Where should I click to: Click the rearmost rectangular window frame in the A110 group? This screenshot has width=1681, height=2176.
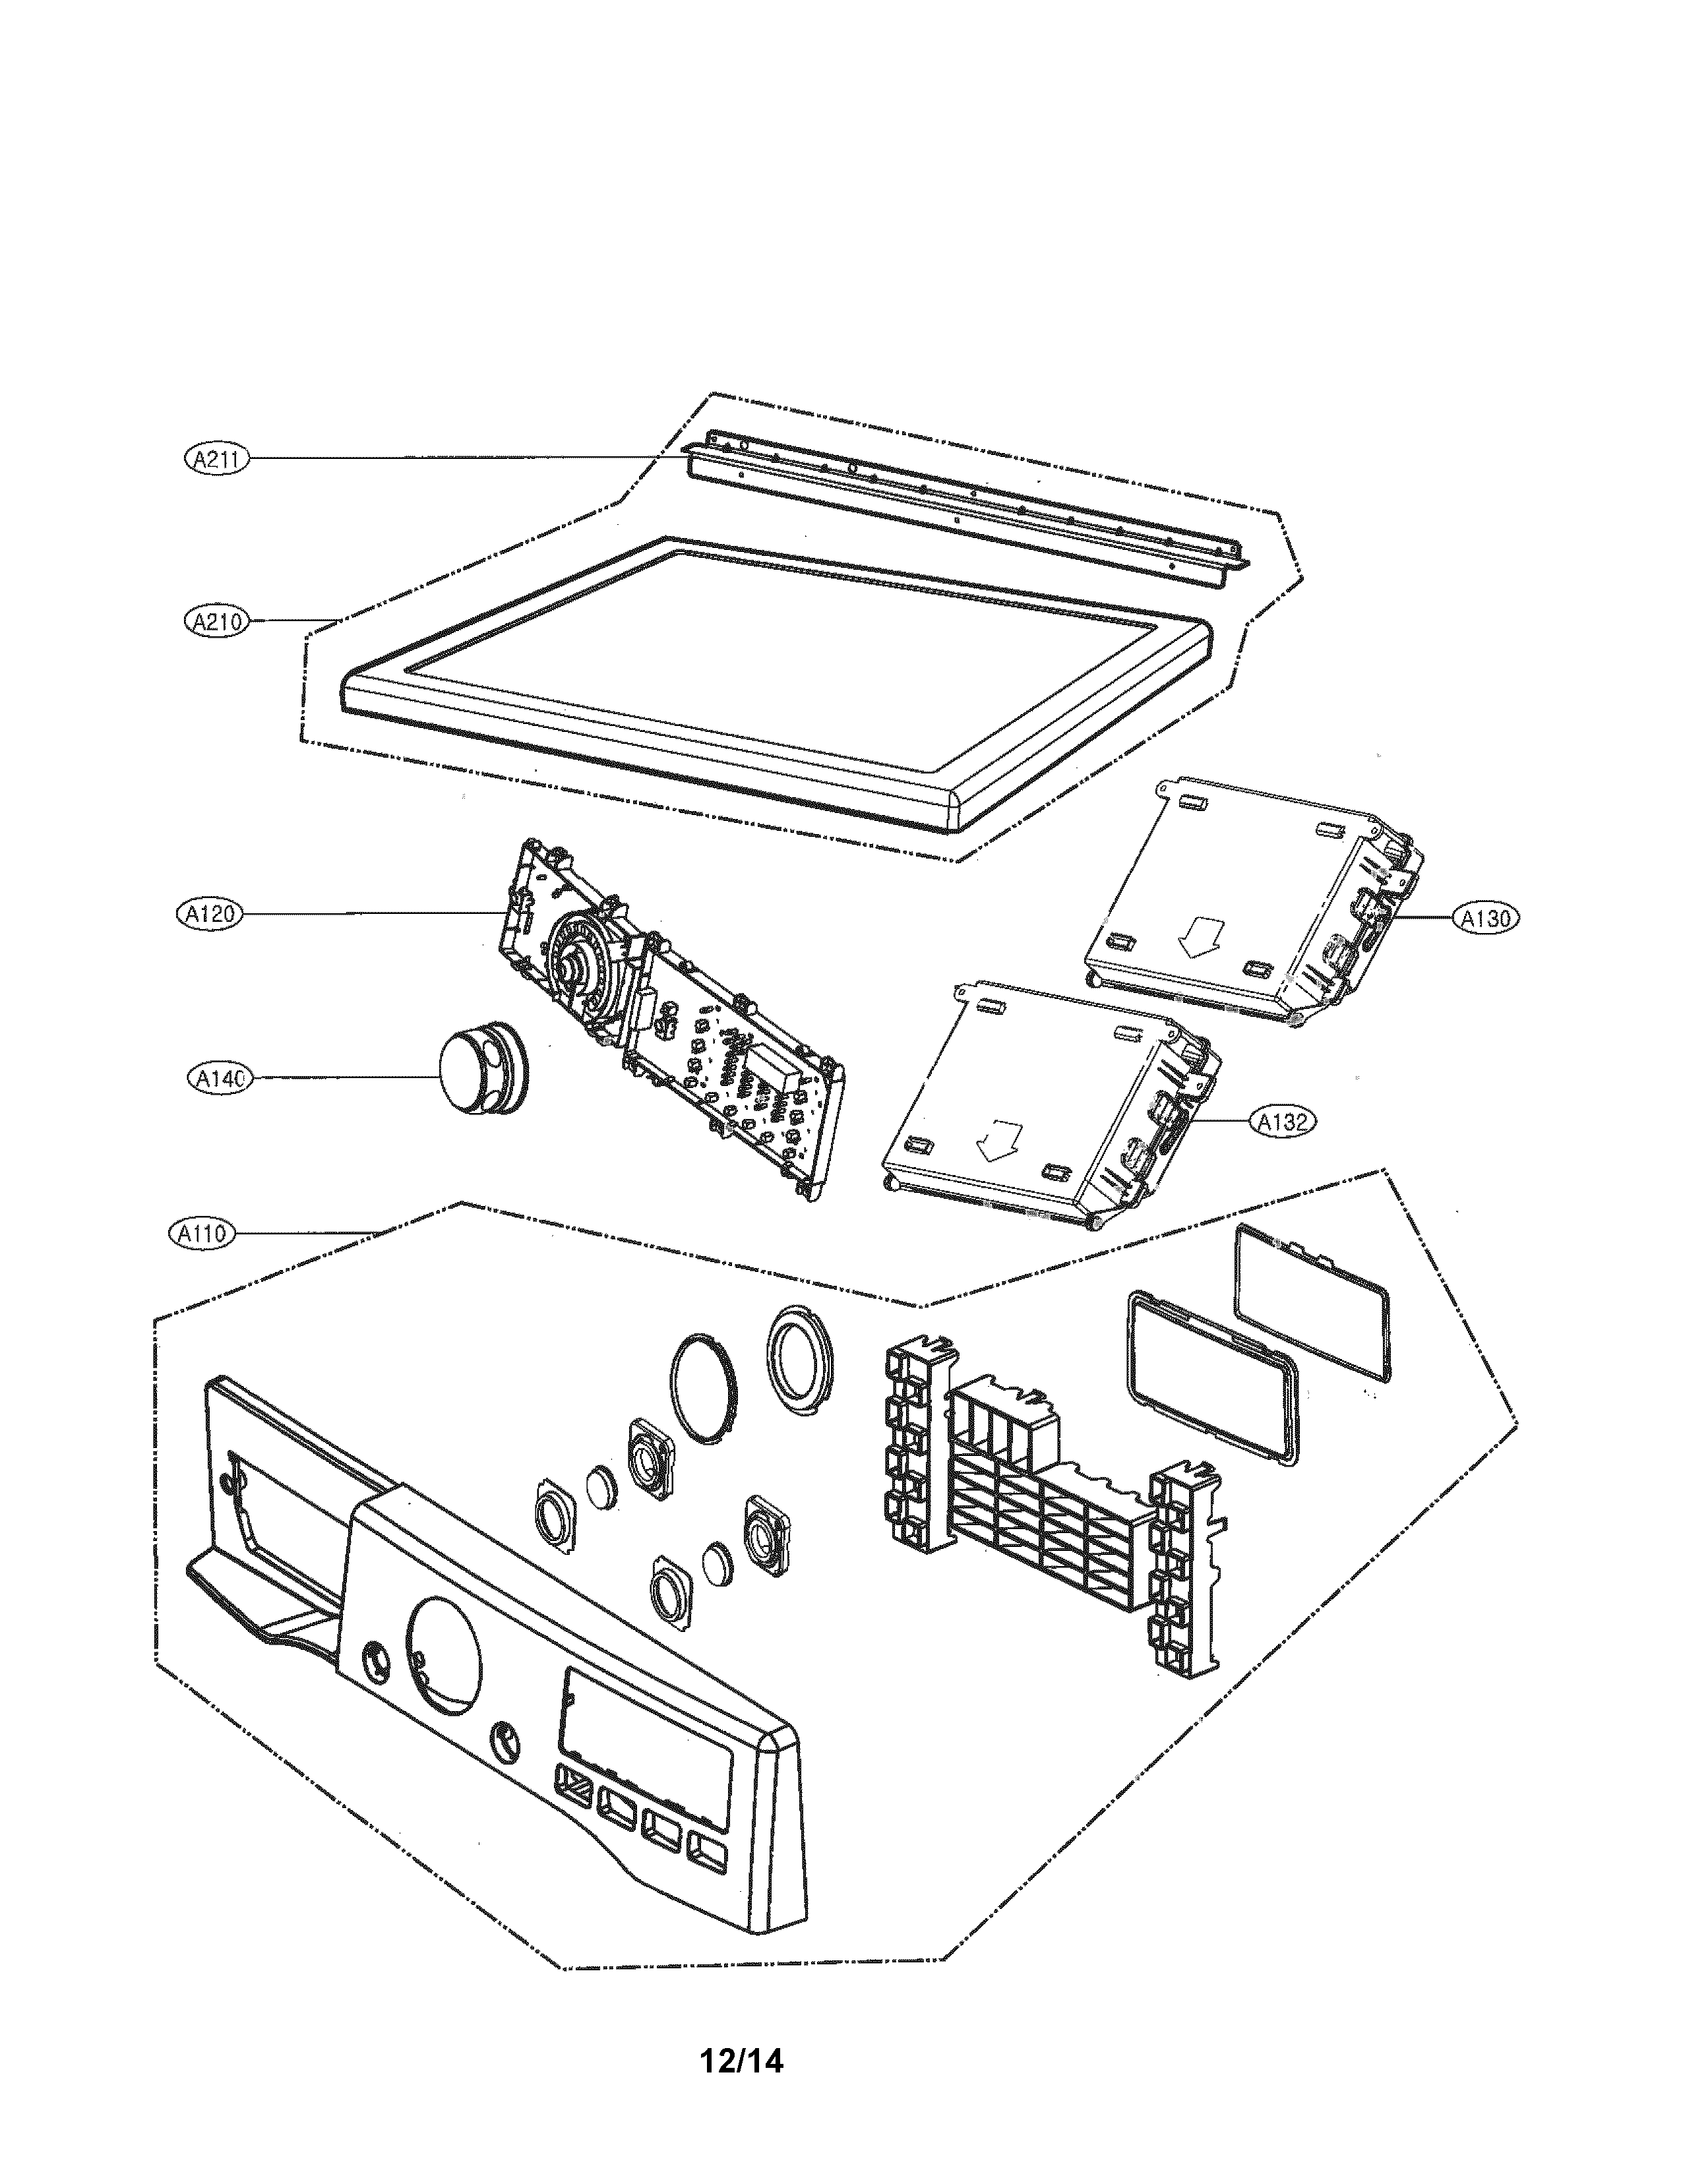[1313, 1302]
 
